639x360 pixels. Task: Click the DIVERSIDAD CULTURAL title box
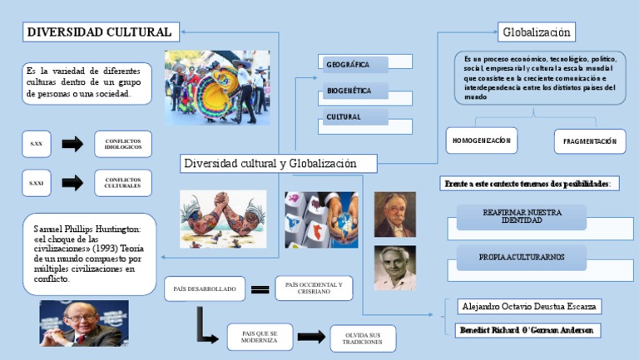[100, 32]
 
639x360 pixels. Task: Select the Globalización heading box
[537, 32]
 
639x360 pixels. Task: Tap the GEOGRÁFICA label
[354, 64]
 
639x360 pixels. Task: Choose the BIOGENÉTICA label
[354, 90]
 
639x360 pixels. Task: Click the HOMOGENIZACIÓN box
[481, 141]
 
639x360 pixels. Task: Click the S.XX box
[37, 145]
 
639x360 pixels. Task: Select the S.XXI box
[37, 183]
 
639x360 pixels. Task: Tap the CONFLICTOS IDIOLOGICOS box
[123, 145]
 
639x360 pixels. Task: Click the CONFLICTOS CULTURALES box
[123, 182]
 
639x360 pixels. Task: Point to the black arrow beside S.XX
[73, 145]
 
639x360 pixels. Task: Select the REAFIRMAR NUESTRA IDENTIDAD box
[522, 217]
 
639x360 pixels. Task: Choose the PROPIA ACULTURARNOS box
[522, 259]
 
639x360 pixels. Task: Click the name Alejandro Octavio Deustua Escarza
[529, 307]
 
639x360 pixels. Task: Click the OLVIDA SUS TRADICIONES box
[362, 338]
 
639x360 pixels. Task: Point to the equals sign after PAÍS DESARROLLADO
[260, 289]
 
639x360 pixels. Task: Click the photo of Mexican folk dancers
[217, 87]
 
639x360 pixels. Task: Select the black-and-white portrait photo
[395, 267]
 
